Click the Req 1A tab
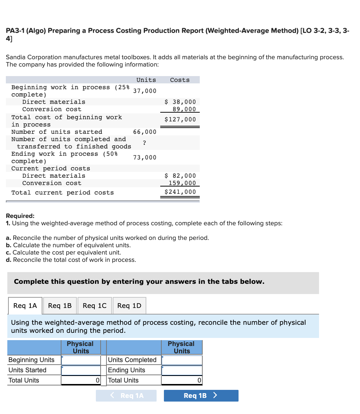(25, 305)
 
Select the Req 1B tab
(60, 305)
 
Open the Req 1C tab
(94, 305)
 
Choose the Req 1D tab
(129, 305)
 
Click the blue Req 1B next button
(201, 395)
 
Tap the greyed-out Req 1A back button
(126, 395)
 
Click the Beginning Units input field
(81, 360)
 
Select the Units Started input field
(81, 370)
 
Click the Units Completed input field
(181, 360)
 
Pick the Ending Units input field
(181, 370)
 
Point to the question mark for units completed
(145, 143)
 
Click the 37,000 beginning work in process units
(145, 91)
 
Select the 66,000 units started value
(145, 132)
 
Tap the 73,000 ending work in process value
(145, 157)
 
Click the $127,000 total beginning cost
(180, 119)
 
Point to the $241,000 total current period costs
(180, 192)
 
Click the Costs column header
(180, 80)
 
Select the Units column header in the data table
(146, 80)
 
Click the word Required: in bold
(20, 216)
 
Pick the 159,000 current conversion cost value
(182, 183)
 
